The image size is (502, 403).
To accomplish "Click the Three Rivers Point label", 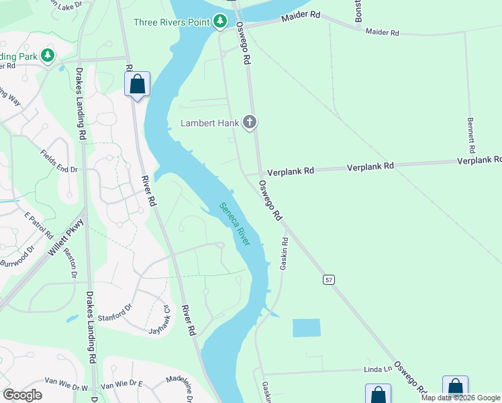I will coord(172,22).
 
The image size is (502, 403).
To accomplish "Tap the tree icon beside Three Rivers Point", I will coord(220,22).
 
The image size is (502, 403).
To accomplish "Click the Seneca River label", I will coord(234,224).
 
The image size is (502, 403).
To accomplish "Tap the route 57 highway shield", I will coord(328,279).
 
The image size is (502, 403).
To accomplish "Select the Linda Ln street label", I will coord(377,369).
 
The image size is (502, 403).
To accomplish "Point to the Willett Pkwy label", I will coord(65,238).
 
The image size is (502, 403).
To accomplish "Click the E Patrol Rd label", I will coord(38,225).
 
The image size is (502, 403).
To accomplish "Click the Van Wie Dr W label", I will coord(66,388).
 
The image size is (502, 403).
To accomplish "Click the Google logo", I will coord(22,395).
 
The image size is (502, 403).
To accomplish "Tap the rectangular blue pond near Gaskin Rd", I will coord(307,328).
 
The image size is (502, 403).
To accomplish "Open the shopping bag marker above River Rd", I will coord(137,85).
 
